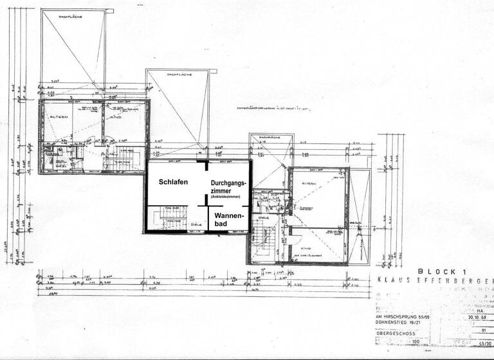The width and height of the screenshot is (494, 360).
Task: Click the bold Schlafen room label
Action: [174, 183]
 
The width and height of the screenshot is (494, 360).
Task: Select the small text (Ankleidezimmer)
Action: [225, 196]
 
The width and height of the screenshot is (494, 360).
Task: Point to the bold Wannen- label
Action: [228, 215]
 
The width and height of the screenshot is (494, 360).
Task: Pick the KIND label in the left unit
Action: [116, 118]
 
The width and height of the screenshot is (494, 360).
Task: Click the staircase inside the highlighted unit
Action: [165, 217]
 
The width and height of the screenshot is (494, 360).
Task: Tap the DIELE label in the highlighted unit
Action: [196, 225]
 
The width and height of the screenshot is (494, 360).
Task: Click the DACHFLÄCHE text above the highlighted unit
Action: [179, 76]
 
